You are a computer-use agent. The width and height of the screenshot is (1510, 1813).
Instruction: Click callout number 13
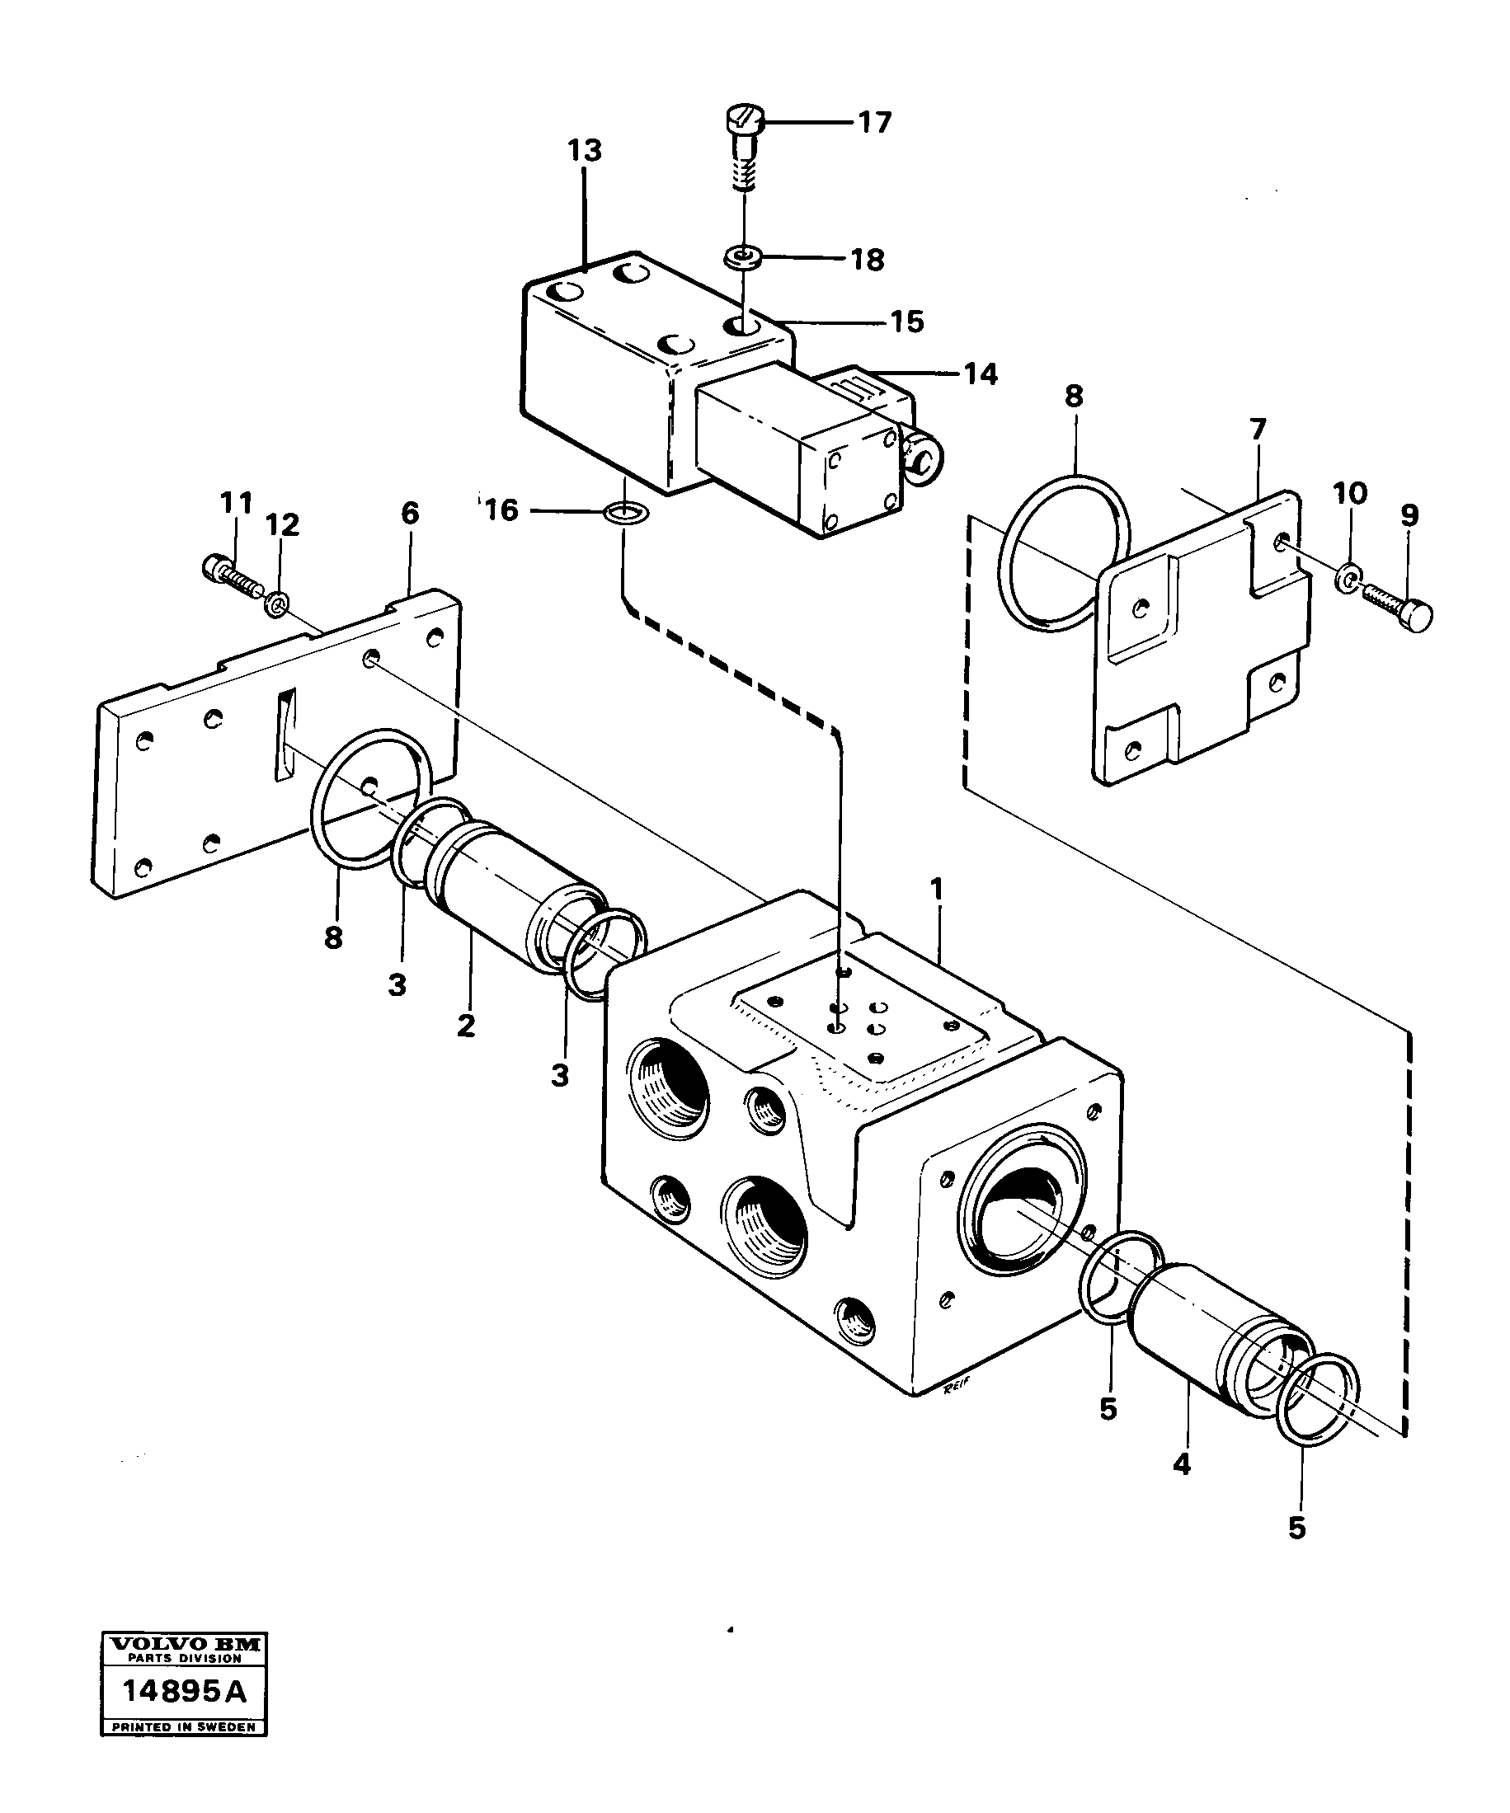(x=585, y=151)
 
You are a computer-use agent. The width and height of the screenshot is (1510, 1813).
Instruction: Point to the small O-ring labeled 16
(x=624, y=512)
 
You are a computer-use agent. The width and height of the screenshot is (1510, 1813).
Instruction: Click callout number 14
(x=980, y=373)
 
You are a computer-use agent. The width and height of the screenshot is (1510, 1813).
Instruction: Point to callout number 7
(x=1257, y=429)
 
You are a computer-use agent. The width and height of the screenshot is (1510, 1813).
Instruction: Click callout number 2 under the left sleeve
(x=466, y=1026)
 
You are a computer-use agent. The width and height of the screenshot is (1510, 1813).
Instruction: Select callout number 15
(x=906, y=322)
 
